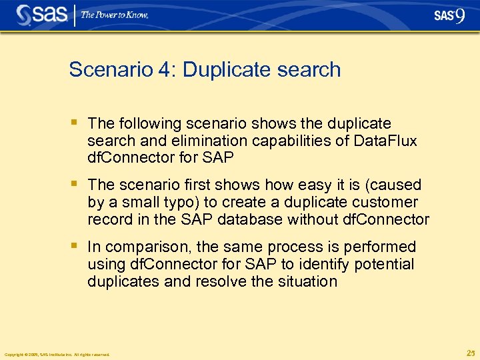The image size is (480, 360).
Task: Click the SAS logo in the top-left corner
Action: (x=41, y=15)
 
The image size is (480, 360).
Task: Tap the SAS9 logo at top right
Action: (x=448, y=15)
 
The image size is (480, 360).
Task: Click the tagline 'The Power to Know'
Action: (x=115, y=15)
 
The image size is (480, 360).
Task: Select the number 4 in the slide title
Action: (x=163, y=70)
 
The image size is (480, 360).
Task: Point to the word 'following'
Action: (x=145, y=124)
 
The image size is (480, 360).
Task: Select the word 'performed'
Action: (x=384, y=247)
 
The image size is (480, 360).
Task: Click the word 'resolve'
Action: (x=220, y=282)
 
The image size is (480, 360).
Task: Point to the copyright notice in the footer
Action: (x=57, y=354)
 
